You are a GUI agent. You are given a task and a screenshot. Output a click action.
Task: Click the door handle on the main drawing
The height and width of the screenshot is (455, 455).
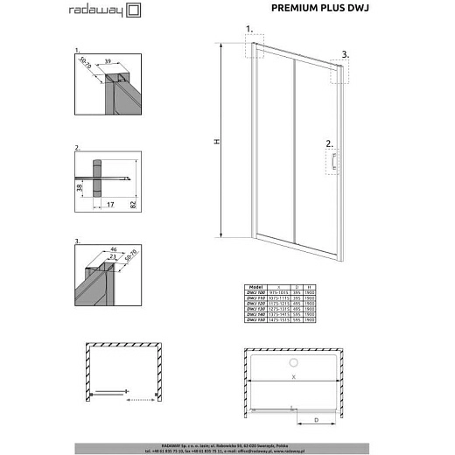333,163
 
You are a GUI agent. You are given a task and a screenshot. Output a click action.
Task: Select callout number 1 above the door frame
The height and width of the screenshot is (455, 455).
249,29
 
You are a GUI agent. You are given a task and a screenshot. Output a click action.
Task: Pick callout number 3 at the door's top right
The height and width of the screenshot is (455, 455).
345,54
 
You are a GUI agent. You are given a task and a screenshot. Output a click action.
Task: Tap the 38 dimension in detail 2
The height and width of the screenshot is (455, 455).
80,187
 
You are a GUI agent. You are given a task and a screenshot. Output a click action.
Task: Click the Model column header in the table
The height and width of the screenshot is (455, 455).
256,285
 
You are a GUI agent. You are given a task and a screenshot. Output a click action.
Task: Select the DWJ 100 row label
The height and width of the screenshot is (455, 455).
256,291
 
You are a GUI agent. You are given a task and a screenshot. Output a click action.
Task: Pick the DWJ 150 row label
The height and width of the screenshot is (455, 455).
256,321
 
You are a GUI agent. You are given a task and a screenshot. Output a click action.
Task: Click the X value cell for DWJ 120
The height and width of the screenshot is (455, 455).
281,303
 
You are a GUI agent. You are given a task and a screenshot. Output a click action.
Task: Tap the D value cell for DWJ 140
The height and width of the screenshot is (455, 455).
298,315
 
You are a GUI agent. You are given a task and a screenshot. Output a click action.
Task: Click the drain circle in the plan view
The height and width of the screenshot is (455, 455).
294,361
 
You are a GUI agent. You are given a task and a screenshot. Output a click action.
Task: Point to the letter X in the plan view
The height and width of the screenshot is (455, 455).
293,375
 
